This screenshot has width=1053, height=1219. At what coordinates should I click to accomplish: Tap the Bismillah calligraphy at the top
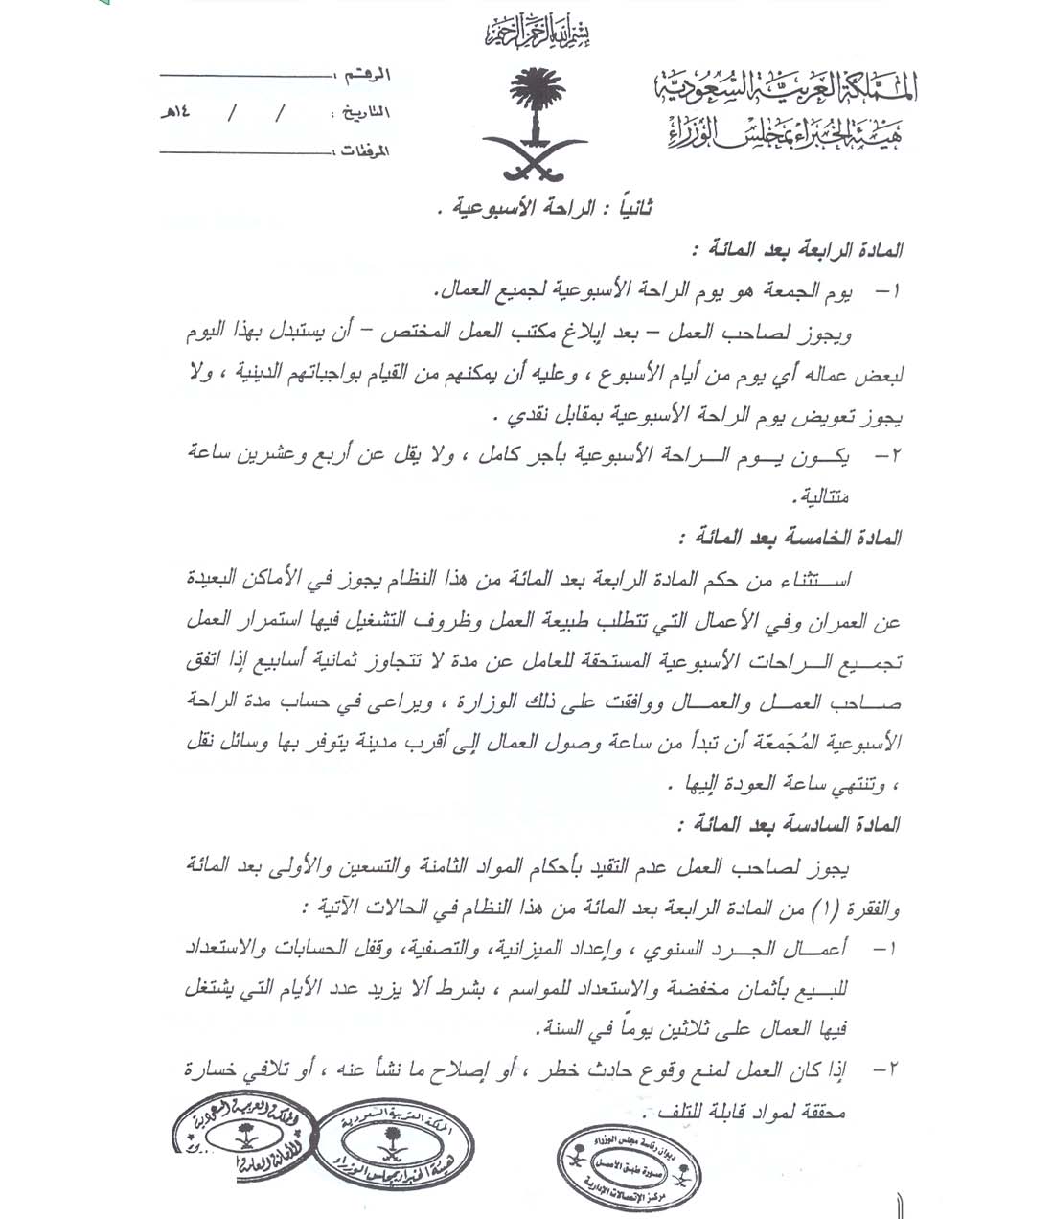[x=537, y=34]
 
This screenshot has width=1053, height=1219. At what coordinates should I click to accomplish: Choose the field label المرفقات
[x=363, y=151]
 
